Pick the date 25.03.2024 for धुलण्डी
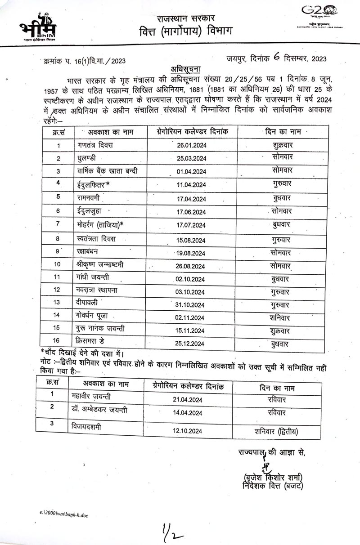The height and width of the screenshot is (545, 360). point(191,159)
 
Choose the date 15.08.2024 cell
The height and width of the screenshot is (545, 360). point(191,240)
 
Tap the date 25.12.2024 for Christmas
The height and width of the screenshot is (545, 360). point(191,344)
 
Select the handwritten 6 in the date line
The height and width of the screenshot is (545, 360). point(276,57)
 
